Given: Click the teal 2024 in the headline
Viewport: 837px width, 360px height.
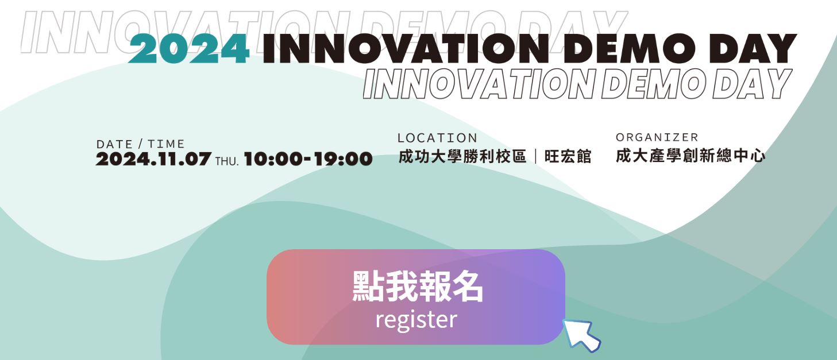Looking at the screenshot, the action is tap(189, 49).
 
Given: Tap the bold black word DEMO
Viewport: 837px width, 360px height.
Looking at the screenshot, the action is tap(630, 49).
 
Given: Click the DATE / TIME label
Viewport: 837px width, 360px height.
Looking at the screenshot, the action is tap(141, 144).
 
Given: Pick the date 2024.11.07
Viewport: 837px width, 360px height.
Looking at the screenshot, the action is tap(153, 159).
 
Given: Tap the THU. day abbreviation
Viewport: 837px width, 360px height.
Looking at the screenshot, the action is tap(227, 161).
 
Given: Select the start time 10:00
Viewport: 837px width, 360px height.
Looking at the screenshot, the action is tap(273, 159).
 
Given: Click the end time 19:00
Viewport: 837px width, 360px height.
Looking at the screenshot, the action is tap(343, 159).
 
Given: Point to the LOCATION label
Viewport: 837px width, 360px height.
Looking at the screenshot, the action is tap(437, 138).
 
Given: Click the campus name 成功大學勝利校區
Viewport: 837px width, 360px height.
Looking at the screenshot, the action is tap(462, 157).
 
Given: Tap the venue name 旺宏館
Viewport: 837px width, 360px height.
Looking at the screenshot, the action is tap(568, 157).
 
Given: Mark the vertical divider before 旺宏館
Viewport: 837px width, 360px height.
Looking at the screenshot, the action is tap(536, 157).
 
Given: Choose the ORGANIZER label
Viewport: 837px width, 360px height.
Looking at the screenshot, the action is tap(657, 137).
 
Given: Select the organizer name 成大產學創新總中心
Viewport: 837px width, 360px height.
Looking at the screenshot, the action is tap(690, 156).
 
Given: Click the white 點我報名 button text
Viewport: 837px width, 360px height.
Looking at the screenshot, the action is tap(418, 287).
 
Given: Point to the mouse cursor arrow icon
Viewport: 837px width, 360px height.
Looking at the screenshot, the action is tap(581, 335).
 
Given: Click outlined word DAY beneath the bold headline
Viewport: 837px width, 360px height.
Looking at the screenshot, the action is tap(752, 84).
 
